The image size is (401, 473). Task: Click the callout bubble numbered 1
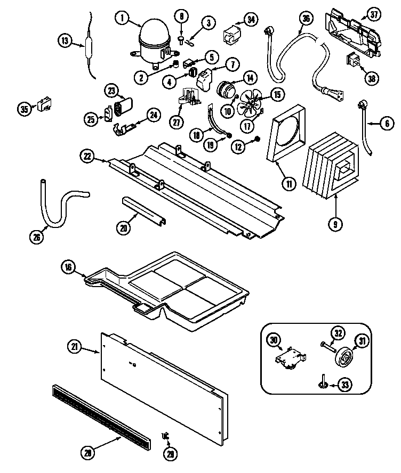(122, 19)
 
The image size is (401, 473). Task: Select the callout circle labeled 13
(65, 40)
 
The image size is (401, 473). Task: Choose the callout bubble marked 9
(335, 224)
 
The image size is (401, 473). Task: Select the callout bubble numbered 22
(87, 156)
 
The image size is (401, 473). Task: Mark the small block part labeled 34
(231, 36)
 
